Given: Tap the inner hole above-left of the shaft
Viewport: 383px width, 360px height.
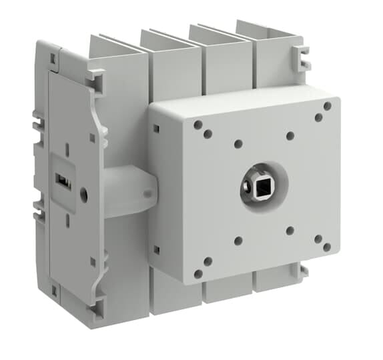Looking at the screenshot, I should coord(238,143).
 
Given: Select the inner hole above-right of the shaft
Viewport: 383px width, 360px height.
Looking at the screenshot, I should coord(290,136).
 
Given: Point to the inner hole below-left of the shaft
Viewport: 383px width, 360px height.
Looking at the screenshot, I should coord(238,241).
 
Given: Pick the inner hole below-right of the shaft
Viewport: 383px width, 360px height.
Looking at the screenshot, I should coord(290,231).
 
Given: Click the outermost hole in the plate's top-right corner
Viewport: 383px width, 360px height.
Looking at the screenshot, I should coord(327,106).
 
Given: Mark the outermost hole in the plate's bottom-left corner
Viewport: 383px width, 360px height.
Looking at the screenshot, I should coord(198,273).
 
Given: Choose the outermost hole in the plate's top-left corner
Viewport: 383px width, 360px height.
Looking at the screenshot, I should coord(198,124).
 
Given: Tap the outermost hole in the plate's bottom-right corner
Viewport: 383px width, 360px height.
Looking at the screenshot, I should coord(327,247).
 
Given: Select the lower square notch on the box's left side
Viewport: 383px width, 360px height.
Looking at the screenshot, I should coord(156,249).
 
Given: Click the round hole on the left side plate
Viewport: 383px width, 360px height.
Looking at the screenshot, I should coord(83,195).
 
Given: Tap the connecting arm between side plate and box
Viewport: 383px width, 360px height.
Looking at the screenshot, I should coord(127,191).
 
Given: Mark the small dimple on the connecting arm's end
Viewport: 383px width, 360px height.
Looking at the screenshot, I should coord(145,196).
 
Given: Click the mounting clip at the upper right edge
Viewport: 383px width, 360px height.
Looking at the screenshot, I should coord(304,58).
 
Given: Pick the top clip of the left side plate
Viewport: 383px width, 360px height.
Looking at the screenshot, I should coord(93,80).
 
